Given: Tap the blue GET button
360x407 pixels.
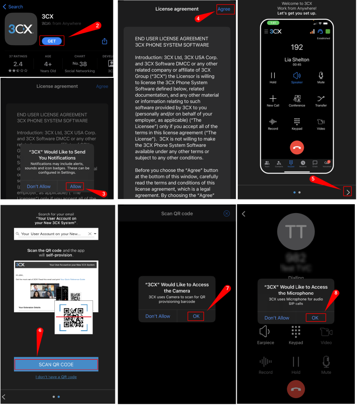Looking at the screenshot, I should (52, 41).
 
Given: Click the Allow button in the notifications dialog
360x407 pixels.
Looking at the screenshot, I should (75, 186).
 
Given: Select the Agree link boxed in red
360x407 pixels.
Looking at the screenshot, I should (224, 9).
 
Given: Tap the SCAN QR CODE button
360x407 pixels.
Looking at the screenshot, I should (56, 364).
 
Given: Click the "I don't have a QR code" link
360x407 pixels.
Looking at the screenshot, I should (56, 377).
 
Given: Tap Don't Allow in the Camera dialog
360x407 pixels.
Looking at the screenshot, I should (157, 316).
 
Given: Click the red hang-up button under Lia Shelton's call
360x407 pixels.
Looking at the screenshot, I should (297, 147).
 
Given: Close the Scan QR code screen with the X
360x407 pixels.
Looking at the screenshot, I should (227, 213).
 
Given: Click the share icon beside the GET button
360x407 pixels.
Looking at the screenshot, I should (105, 41).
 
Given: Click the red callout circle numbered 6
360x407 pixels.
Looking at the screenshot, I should (40, 330).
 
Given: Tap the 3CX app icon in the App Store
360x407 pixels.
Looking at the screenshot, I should (21, 30).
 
